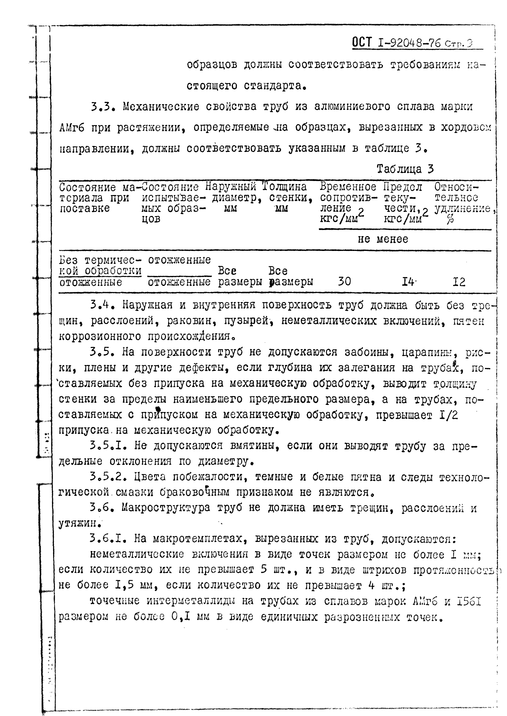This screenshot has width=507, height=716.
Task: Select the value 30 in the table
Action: click(344, 282)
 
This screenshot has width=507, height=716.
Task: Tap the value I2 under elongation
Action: click(459, 282)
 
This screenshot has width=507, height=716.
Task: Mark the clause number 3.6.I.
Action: click(108, 538)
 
